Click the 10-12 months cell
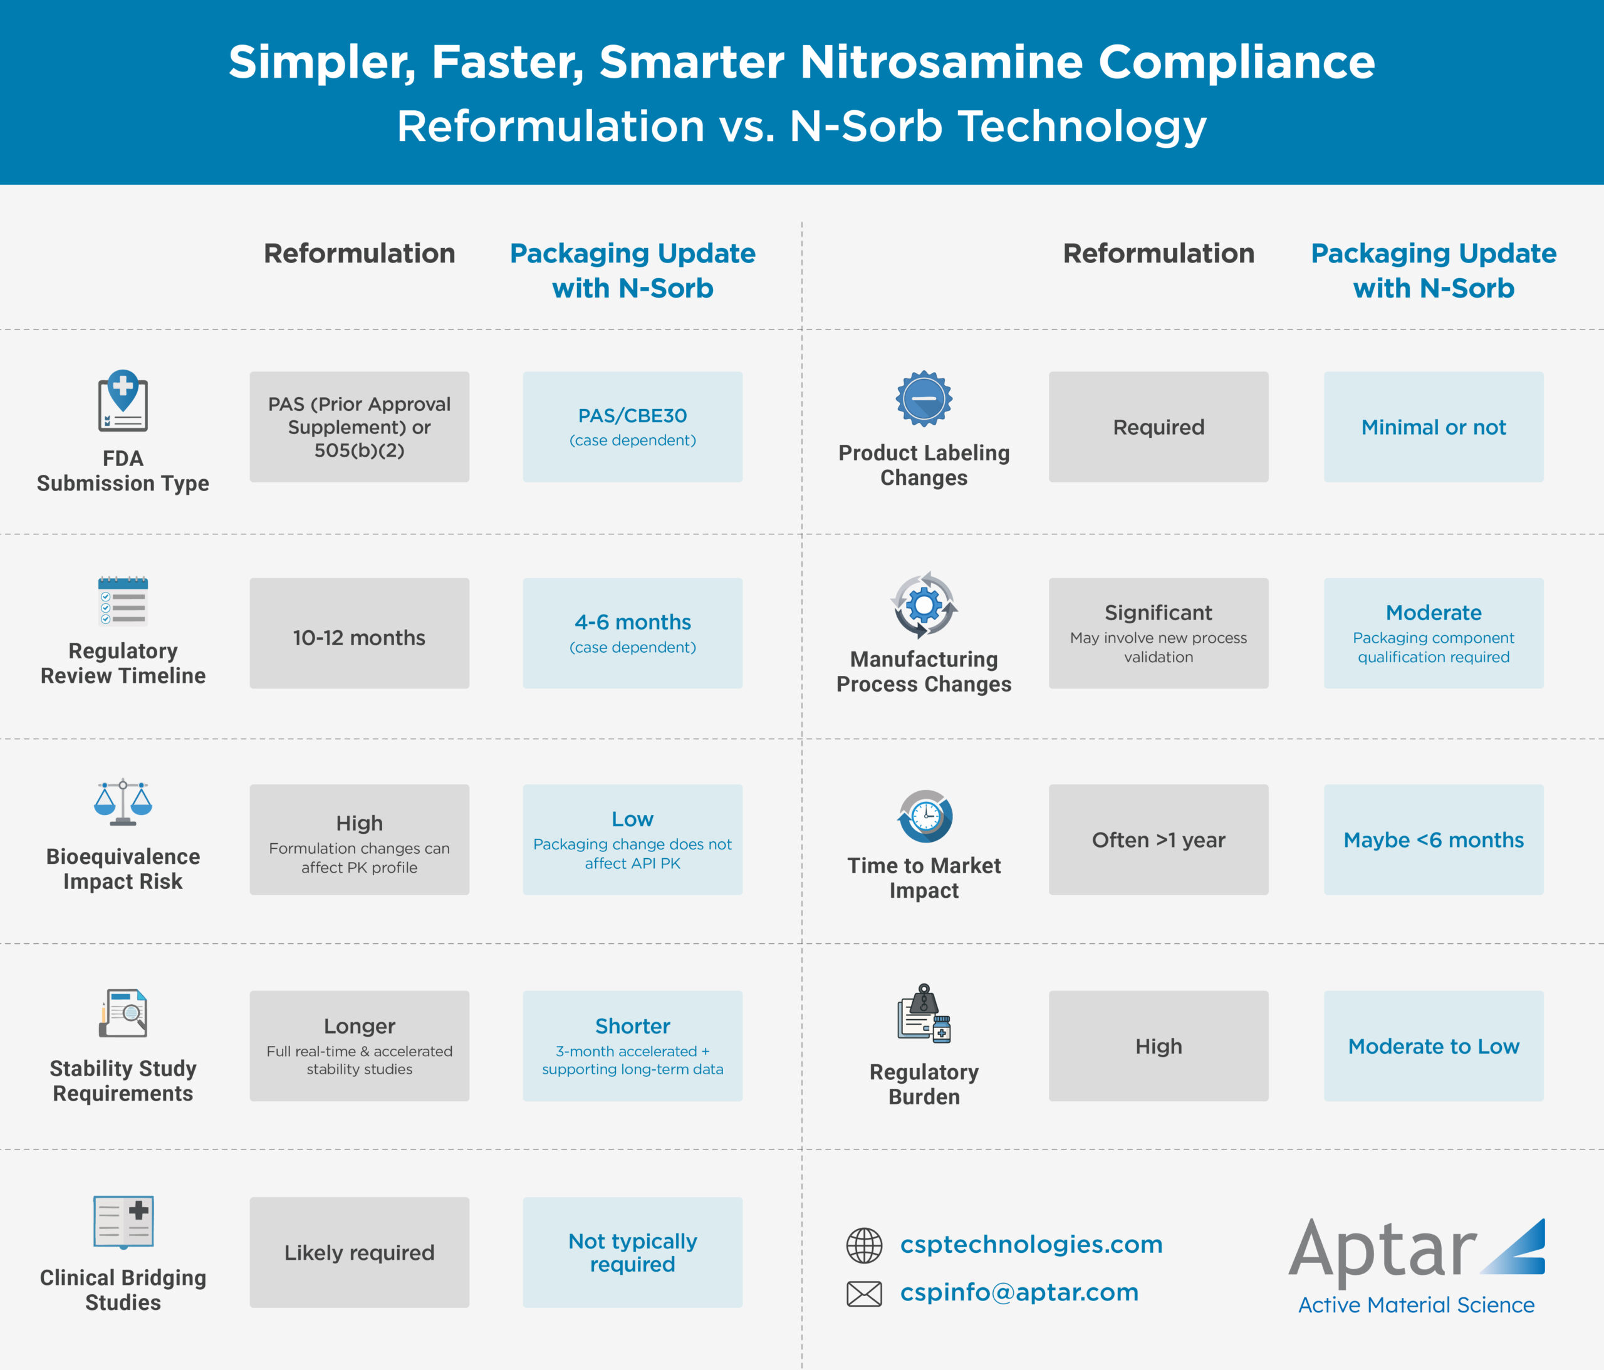[359, 633]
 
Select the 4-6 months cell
[632, 633]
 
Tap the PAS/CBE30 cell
[632, 427]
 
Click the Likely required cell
[359, 1252]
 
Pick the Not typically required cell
[632, 1252]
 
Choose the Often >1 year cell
[1158, 840]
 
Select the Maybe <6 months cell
[1434, 840]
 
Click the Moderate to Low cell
[1434, 1046]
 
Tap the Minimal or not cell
[1434, 427]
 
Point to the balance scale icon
[123, 802]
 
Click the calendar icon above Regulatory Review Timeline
[123, 601]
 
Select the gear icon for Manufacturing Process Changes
[924, 605]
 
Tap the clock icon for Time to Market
[925, 816]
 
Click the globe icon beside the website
[864, 1245]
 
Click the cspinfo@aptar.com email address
[1019, 1292]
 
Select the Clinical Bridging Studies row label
[123, 1289]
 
